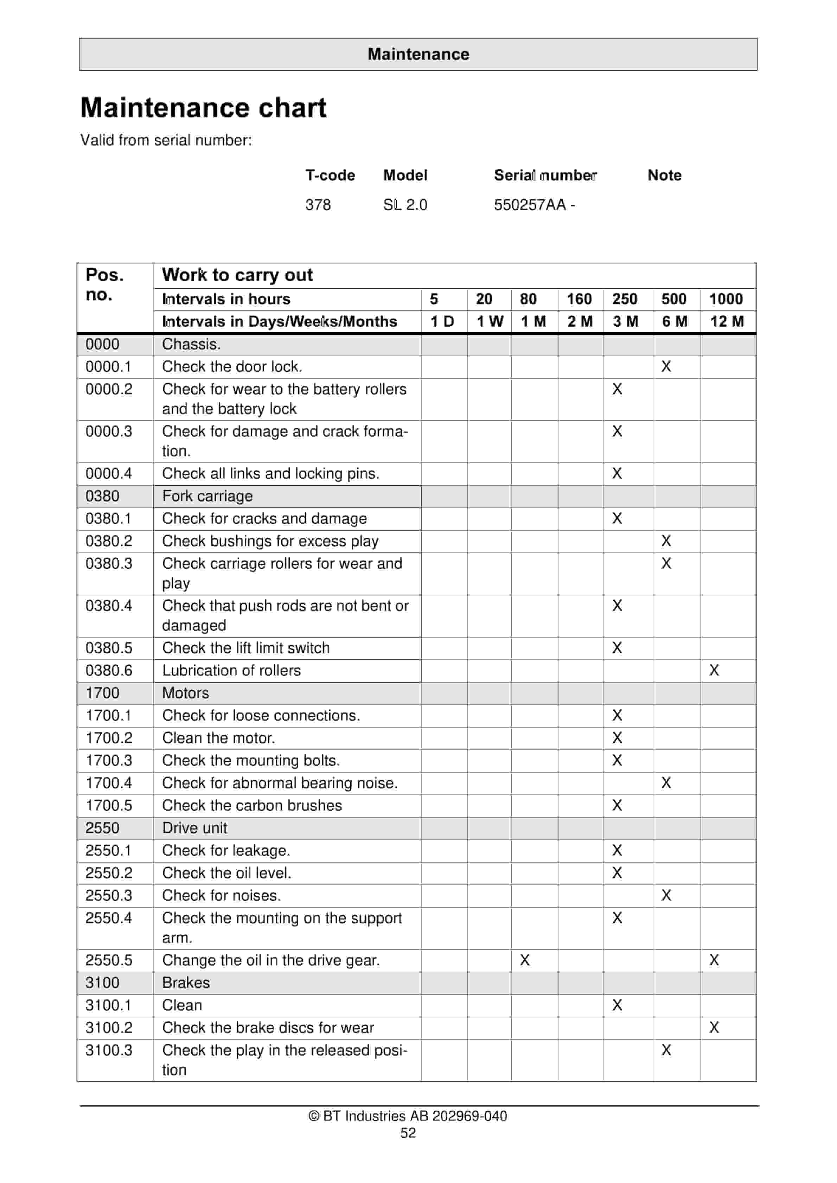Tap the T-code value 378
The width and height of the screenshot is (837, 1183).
pos(318,205)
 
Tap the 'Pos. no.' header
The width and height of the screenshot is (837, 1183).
pos(105,284)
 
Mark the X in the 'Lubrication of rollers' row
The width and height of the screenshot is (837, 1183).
pos(714,670)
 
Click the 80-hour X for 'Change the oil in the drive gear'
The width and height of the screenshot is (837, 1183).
pos(525,960)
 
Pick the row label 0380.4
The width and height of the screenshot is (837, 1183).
pos(109,606)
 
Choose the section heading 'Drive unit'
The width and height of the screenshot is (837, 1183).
pos(194,828)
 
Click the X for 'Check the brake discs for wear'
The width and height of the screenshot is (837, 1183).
pos(714,1028)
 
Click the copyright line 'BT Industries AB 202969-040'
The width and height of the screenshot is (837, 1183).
pos(408,1116)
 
